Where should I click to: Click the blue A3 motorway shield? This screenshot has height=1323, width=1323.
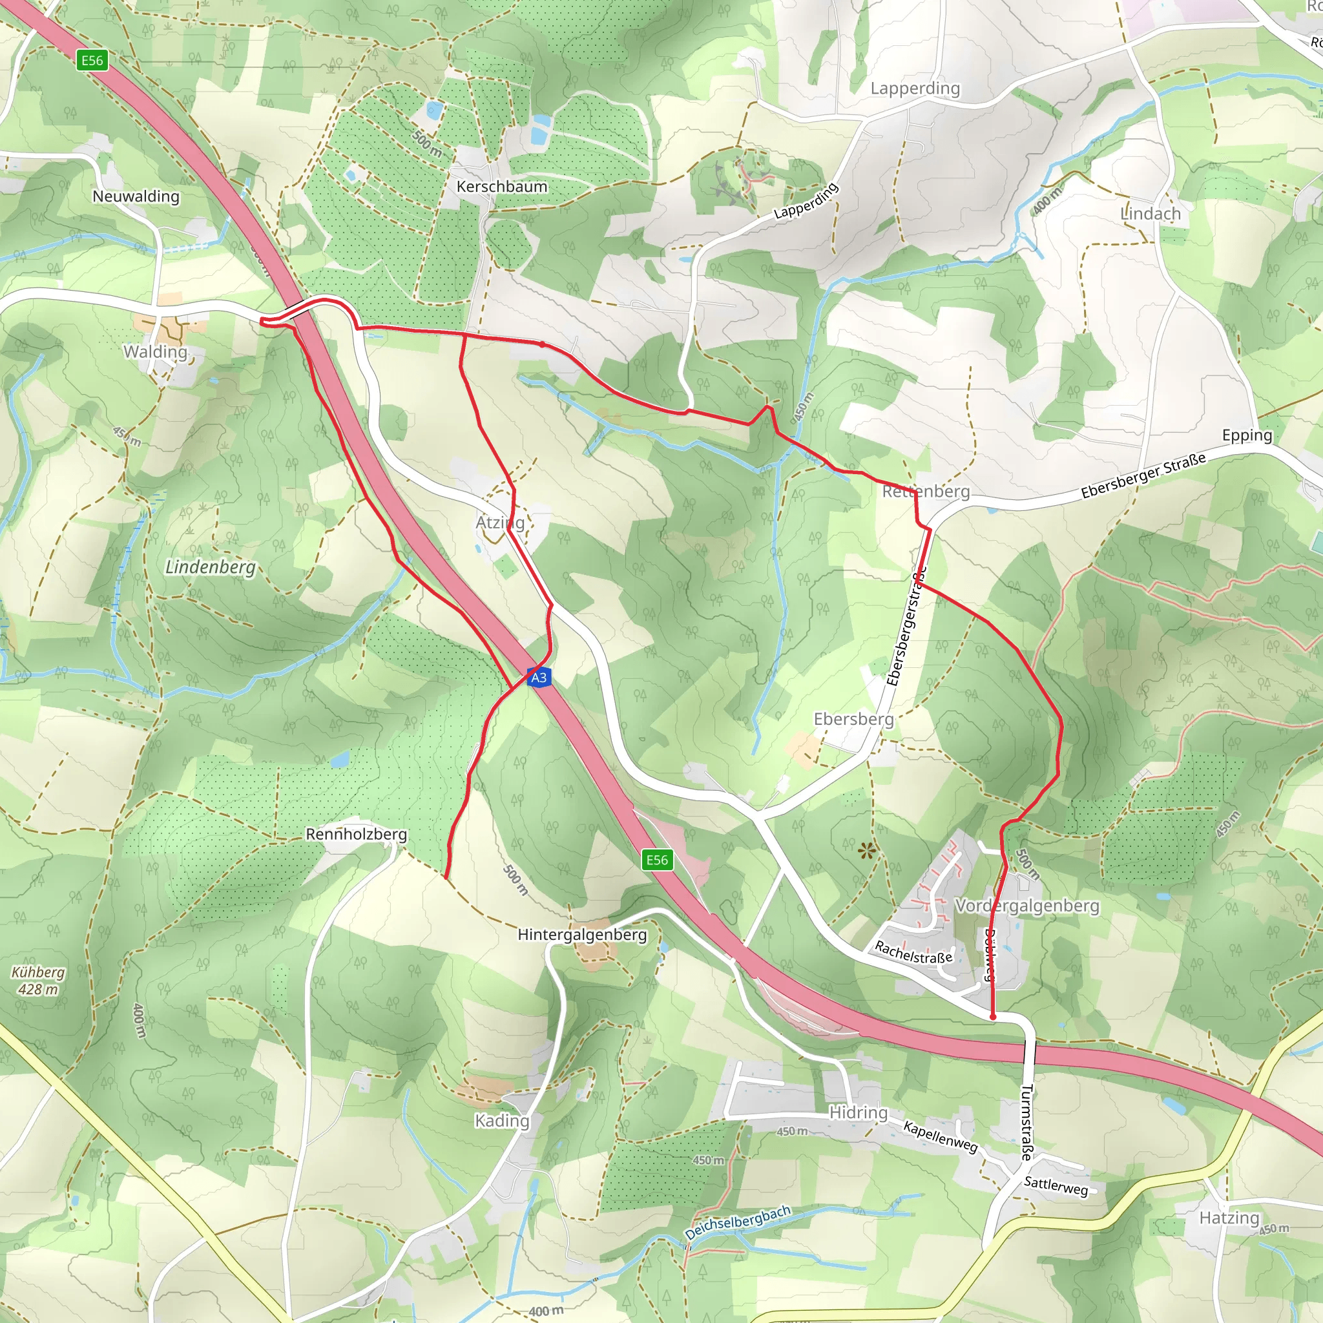pyautogui.click(x=539, y=677)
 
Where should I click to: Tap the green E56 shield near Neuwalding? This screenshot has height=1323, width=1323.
pyautogui.click(x=92, y=60)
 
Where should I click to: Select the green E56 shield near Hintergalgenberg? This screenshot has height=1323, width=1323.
pyautogui.click(x=657, y=860)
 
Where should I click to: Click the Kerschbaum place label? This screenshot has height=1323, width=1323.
pyautogui.click(x=502, y=186)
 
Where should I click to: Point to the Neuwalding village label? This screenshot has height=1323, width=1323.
pyautogui.click(x=136, y=196)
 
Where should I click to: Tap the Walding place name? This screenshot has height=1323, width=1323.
pyautogui.click(x=156, y=352)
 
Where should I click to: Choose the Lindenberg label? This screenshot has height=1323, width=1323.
pyautogui.click(x=210, y=567)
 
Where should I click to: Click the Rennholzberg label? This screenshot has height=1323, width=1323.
pyautogui.click(x=356, y=834)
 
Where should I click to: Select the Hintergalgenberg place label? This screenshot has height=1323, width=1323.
pyautogui.click(x=582, y=935)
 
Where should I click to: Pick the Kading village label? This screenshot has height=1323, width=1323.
pyautogui.click(x=502, y=1121)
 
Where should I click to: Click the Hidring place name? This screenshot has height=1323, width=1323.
pyautogui.click(x=858, y=1113)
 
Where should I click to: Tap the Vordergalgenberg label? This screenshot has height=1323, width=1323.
pyautogui.click(x=1027, y=906)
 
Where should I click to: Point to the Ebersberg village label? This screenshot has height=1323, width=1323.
pyautogui.click(x=853, y=719)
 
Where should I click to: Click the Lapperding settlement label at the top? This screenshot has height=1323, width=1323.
pyautogui.click(x=915, y=89)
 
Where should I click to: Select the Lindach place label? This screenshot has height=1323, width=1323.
pyautogui.click(x=1151, y=214)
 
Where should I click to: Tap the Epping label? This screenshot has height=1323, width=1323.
pyautogui.click(x=1247, y=435)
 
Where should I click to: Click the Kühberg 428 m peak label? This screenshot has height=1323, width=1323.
pyautogui.click(x=38, y=981)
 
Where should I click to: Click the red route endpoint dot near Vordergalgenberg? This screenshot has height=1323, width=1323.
pyautogui.click(x=993, y=1017)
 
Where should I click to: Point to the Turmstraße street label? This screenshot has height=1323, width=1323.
pyautogui.click(x=1026, y=1122)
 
